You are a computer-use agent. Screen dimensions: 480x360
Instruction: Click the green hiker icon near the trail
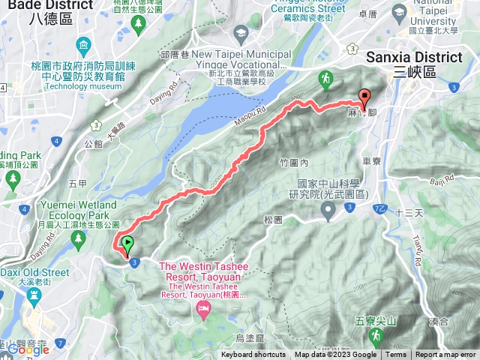[x=325, y=78]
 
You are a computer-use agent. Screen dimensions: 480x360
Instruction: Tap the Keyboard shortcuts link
[x=253, y=355]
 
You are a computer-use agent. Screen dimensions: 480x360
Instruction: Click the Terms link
[x=396, y=355]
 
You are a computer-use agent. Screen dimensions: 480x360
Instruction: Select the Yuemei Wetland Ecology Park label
[x=61, y=209]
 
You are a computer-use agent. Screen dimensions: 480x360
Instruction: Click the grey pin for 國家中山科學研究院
[x=328, y=213]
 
